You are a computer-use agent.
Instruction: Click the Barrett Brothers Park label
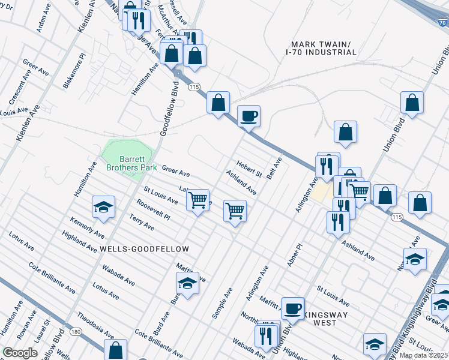(x=131, y=163)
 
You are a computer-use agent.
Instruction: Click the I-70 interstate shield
(x=440, y=23)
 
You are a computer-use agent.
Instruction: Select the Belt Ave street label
(x=274, y=169)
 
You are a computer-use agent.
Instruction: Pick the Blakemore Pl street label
(x=74, y=75)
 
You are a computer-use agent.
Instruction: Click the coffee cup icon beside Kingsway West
(x=292, y=308)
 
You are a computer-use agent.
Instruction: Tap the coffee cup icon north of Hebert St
(x=249, y=116)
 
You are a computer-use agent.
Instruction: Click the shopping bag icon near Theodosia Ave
(x=115, y=350)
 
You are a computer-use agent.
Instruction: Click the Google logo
(x=20, y=353)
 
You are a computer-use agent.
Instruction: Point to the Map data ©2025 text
(x=423, y=355)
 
